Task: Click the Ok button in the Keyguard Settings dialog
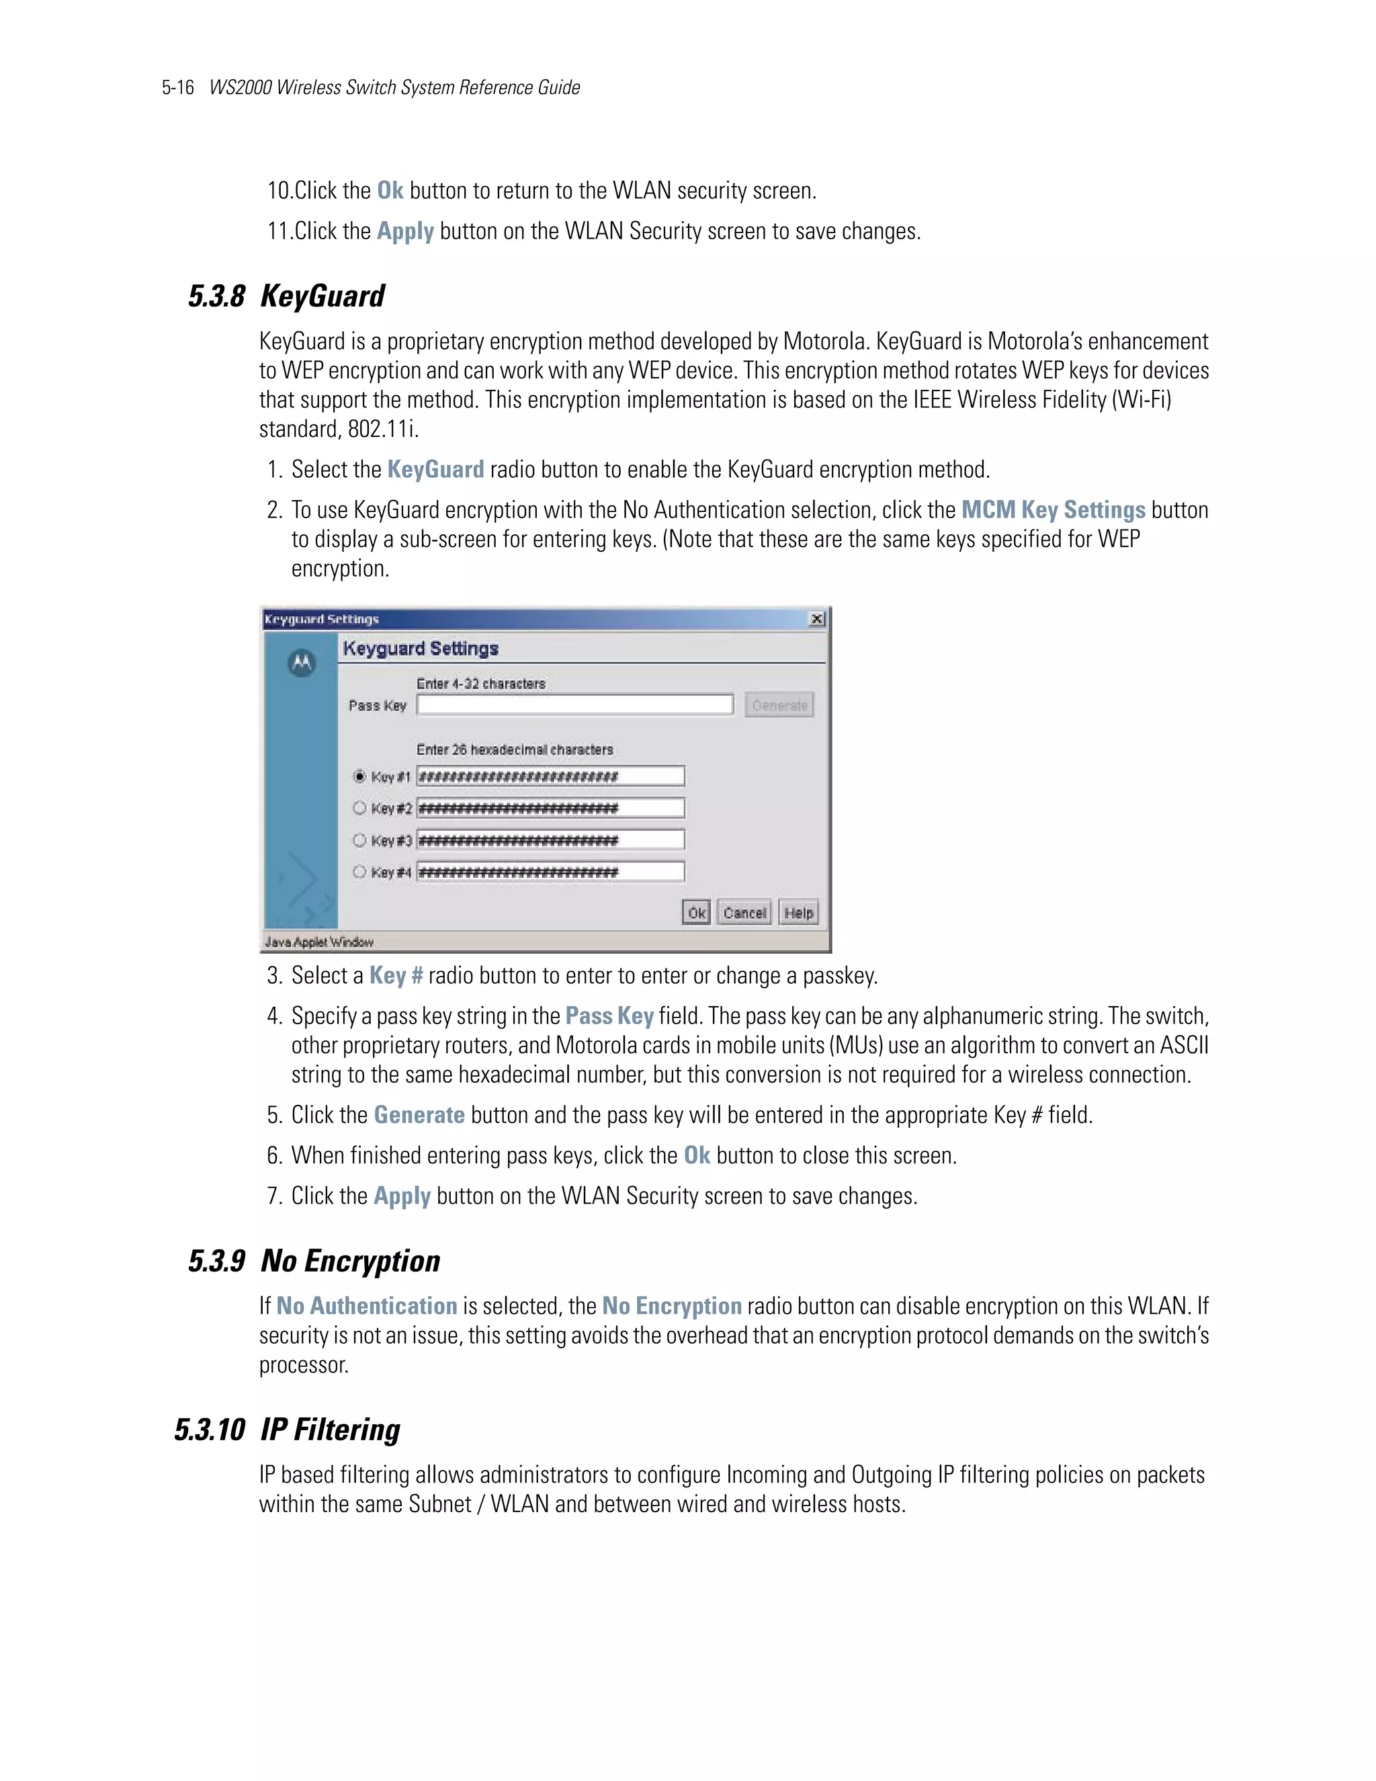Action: [696, 913]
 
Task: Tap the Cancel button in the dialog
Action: [744, 913]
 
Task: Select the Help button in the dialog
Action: [798, 913]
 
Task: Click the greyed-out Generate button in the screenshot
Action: [779, 706]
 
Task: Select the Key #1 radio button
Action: [359, 776]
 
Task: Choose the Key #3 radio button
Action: [359, 840]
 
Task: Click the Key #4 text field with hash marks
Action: [550, 872]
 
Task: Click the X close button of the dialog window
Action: [817, 619]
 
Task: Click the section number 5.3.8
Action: [216, 296]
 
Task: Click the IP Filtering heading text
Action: [330, 1430]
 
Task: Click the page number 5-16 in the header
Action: [177, 87]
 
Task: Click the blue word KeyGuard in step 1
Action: [435, 470]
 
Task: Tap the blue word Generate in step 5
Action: [419, 1115]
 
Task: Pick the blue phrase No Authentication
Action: [367, 1306]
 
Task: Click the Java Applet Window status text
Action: [318, 942]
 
